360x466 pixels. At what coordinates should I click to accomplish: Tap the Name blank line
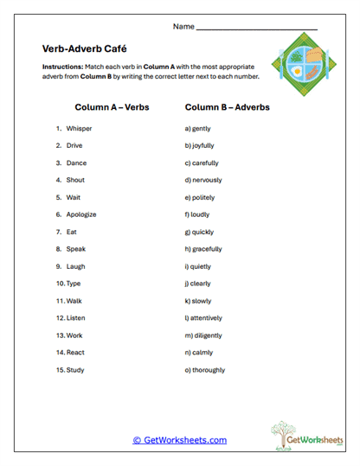coord(256,29)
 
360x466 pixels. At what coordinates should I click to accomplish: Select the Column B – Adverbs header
coord(228,107)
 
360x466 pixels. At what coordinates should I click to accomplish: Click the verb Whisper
coord(79,129)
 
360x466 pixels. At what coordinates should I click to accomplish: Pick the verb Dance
coord(76,163)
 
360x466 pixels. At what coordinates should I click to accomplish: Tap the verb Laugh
coord(76,266)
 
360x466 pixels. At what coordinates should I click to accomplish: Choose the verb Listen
coord(77,318)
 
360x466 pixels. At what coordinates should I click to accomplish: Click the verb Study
coord(76,370)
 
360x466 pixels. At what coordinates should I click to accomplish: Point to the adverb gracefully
coord(206,249)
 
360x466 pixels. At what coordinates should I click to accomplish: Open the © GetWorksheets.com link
coord(180,440)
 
